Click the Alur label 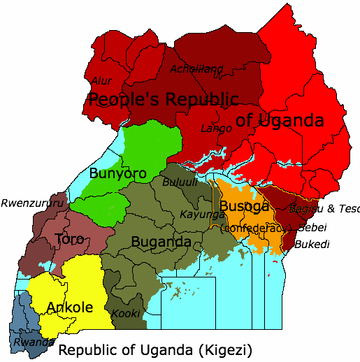point(103,80)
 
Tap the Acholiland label point(196,68)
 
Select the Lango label point(216,128)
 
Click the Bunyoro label point(117,173)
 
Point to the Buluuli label point(180,182)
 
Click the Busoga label point(244,206)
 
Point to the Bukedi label point(312,244)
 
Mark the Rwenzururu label point(32,203)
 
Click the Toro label point(69,239)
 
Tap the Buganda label point(161,242)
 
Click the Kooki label point(126,313)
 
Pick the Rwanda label point(32,342)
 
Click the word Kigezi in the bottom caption point(226,349)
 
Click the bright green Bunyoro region point(143,143)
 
